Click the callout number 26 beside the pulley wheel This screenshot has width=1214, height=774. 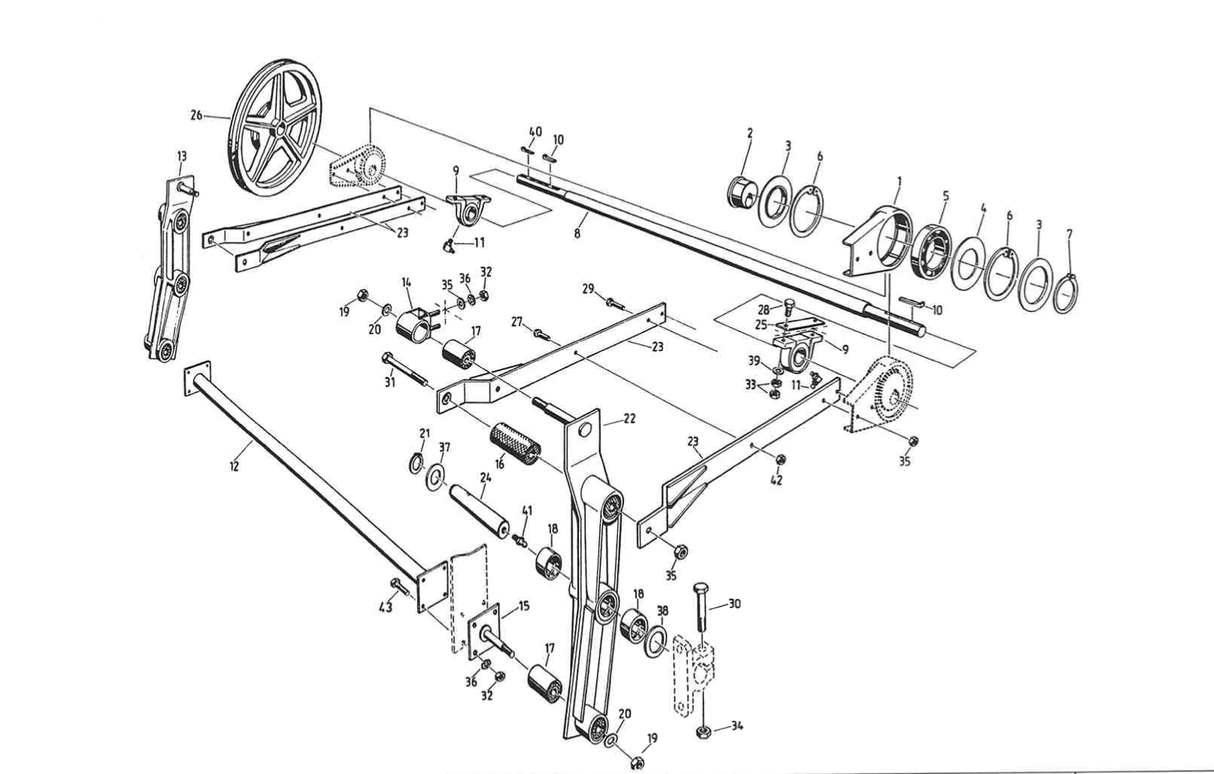196,116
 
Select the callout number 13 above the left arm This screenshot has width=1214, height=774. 182,156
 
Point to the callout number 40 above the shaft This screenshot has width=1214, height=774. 535,131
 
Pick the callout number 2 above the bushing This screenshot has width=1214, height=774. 749,133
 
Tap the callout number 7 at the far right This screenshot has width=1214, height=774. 1069,234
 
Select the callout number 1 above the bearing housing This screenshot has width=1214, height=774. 899,181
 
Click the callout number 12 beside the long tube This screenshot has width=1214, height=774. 234,466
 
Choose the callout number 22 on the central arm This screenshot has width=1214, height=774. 629,418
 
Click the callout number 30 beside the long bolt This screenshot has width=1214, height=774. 734,604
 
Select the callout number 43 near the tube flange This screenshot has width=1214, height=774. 386,607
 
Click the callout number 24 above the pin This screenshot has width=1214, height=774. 486,476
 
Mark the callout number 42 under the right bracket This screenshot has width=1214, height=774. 777,480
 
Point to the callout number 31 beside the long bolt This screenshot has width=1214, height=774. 390,382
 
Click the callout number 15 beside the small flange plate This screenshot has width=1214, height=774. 523,605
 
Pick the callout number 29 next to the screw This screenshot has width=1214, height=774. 588,289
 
